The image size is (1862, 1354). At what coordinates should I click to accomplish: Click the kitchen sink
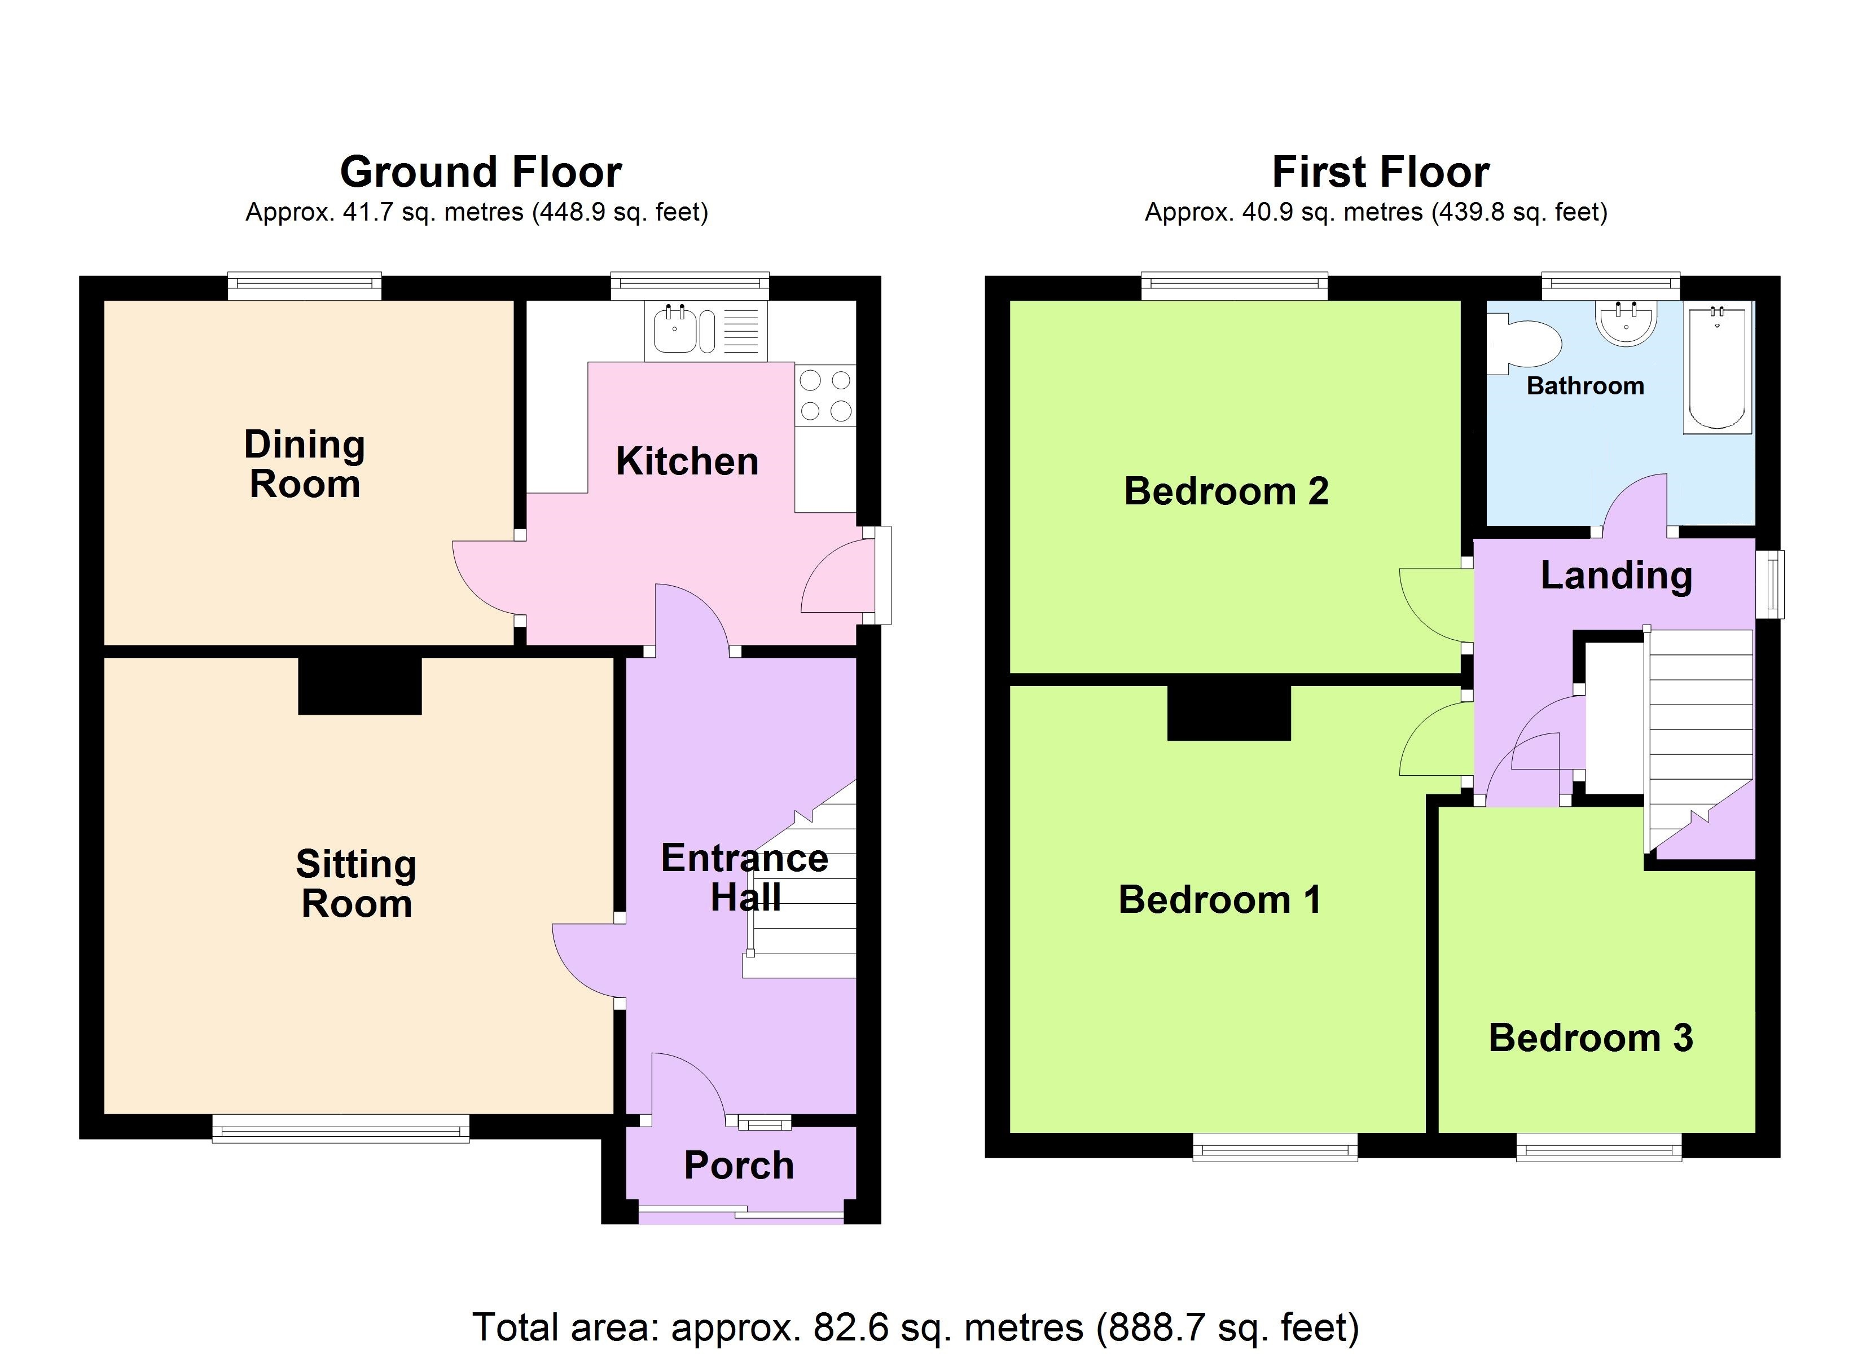pyautogui.click(x=706, y=331)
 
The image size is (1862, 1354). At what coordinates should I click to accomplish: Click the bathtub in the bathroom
pyautogui.click(x=1718, y=367)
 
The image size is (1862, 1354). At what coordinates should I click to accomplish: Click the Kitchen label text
pyautogui.click(x=687, y=461)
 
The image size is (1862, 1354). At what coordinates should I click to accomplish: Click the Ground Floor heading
pyautogui.click(x=481, y=172)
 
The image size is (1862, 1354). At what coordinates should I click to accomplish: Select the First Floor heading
pyautogui.click(x=1381, y=172)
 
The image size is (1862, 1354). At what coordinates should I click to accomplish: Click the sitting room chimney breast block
pyautogui.click(x=359, y=685)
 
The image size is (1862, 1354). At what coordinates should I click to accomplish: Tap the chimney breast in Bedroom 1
pyautogui.click(x=1229, y=713)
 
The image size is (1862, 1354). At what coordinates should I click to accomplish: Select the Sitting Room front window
pyautogui.click(x=341, y=1128)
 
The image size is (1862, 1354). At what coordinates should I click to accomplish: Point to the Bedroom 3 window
pyautogui.click(x=1598, y=1147)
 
